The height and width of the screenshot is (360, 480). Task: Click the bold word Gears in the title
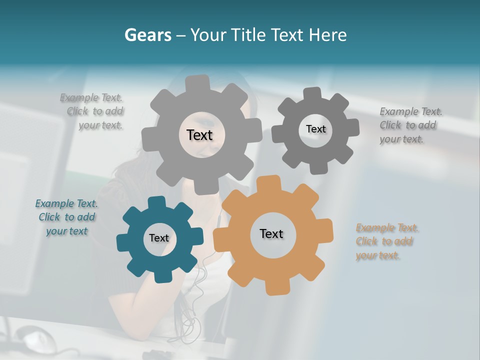(147, 34)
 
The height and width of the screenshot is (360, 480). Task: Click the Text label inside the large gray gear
(199, 135)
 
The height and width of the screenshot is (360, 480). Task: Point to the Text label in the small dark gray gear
(315, 129)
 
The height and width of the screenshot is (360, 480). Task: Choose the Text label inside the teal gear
(159, 238)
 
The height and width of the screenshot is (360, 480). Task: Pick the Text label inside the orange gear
(271, 233)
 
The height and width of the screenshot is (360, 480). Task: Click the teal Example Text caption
(66, 217)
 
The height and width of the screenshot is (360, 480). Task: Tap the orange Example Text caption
(386, 241)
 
